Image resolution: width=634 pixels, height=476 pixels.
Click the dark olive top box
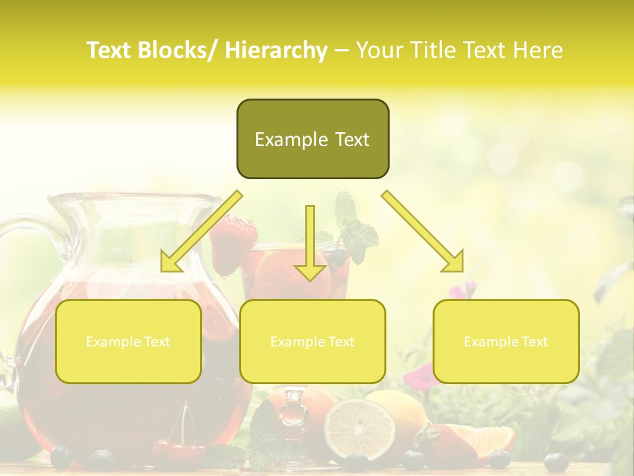(312, 119)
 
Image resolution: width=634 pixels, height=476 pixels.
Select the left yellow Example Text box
(128, 341)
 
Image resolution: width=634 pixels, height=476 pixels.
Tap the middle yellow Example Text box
(312, 341)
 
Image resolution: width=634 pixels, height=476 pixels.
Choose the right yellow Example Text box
(506, 341)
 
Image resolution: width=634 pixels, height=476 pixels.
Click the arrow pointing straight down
(310, 245)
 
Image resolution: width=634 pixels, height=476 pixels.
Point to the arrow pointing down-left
(201, 231)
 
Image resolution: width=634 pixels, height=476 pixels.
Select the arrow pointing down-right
(423, 231)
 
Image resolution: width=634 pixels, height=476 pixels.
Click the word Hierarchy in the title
(276, 50)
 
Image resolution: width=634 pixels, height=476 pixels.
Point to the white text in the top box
(312, 139)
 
